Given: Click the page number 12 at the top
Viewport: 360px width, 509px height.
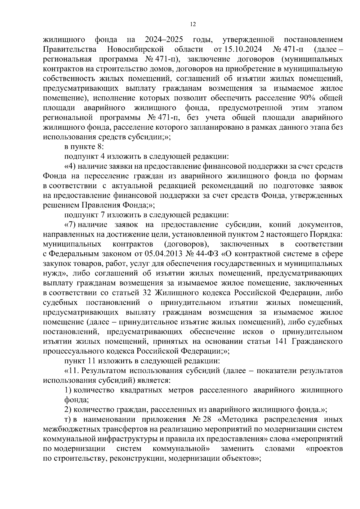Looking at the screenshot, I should pyautogui.click(x=193, y=25).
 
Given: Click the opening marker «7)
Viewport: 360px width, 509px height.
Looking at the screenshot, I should pyautogui.click(x=70, y=225).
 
